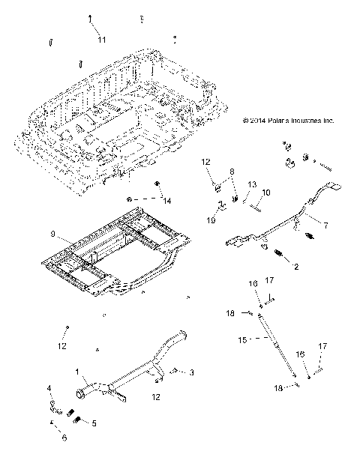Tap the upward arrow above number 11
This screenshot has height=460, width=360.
pos(91,18)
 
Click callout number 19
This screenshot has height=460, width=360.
pos(211,221)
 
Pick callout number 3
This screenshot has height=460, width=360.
pos(192,372)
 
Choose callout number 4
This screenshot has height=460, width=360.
pos(49,388)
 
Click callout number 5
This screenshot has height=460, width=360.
pos(93,423)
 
